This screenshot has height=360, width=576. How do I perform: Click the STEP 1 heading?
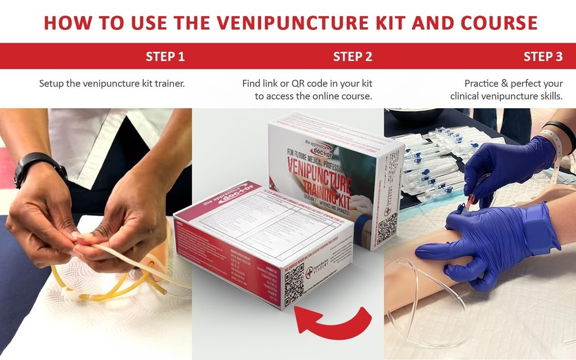point(165,56)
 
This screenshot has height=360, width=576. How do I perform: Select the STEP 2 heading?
point(353,56)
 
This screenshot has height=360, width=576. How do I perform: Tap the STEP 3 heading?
point(543,56)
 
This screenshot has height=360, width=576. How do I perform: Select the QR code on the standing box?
point(387,226)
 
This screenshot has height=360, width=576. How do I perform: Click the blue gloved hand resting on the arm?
point(490,242)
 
